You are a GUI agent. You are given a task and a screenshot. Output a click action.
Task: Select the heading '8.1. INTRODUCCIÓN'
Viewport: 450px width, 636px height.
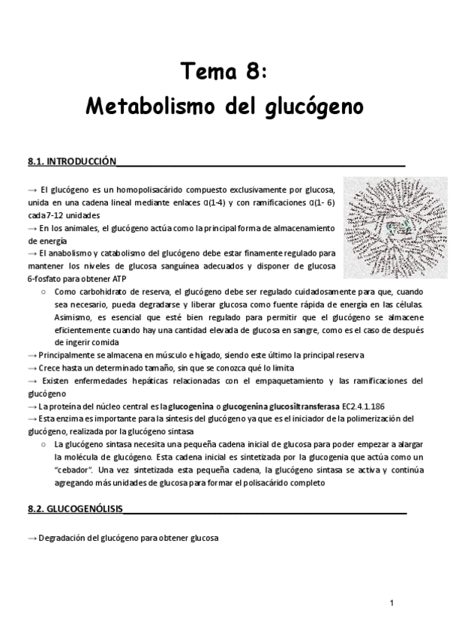(72, 161)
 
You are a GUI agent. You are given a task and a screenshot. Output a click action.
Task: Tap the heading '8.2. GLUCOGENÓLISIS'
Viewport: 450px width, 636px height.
(75, 508)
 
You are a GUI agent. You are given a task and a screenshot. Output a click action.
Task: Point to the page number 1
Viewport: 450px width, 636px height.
(391, 603)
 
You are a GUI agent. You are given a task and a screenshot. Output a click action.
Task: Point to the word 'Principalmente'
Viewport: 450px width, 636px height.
(64, 355)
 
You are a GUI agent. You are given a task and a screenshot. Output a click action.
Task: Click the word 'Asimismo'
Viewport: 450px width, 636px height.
(73, 316)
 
